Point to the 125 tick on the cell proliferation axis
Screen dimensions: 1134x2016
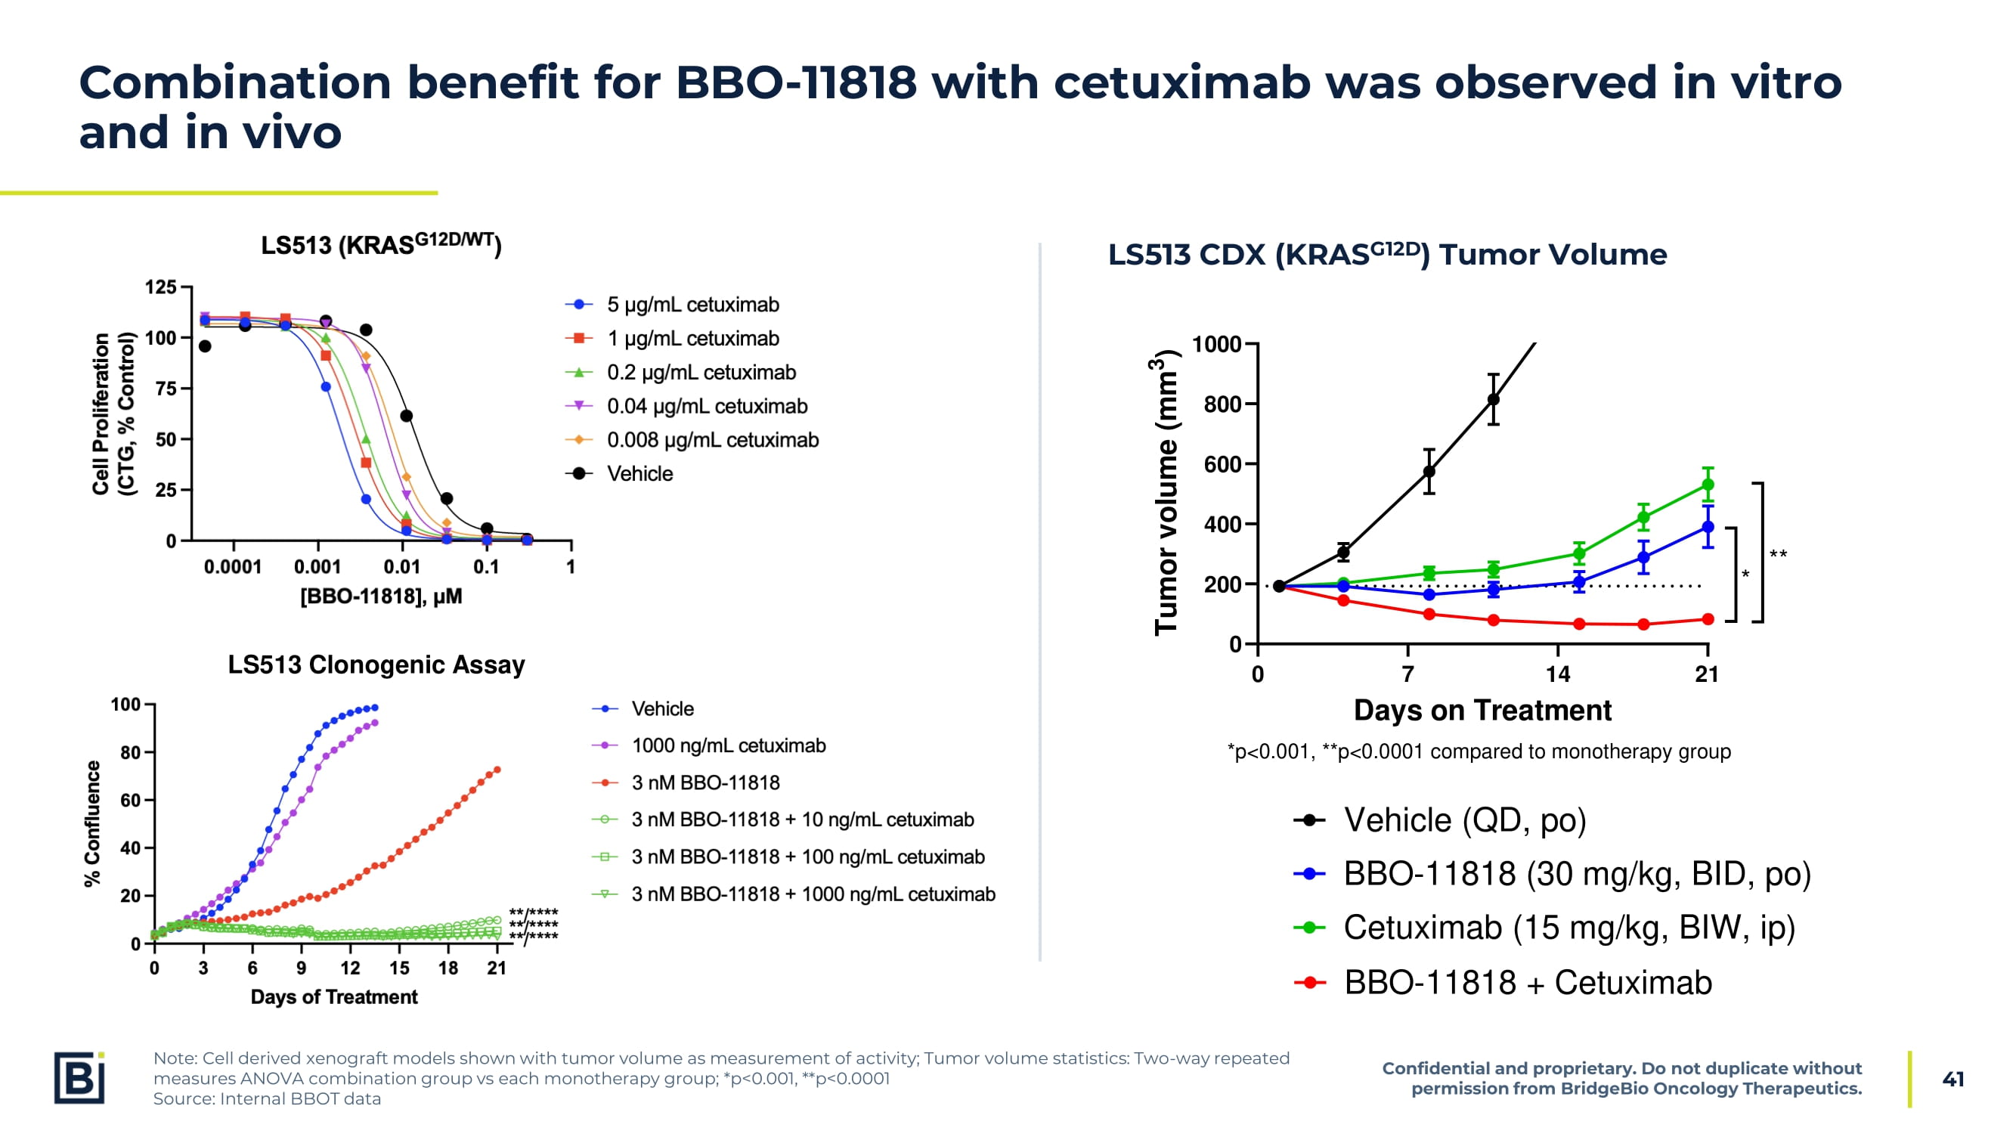pos(161,287)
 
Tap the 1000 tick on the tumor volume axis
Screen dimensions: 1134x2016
pos(1216,344)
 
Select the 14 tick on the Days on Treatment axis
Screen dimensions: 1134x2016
pos(1556,674)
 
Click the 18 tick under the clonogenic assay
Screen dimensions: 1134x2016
pos(447,969)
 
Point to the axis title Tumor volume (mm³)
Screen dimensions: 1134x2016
pos(1166,491)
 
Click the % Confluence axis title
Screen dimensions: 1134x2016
pos(92,823)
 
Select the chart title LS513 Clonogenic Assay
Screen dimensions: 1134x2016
pos(376,665)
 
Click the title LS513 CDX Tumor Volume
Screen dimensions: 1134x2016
pos(1387,254)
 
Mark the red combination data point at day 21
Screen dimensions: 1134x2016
pos(1708,620)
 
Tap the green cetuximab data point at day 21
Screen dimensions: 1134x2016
pos(1708,485)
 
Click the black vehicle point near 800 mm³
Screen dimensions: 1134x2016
pos(1493,400)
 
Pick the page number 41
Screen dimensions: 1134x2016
pos(1953,1080)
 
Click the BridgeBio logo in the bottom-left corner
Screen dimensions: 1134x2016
pos(79,1077)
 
